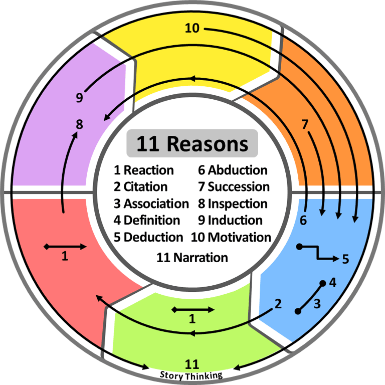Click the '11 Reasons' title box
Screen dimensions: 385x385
[192, 144]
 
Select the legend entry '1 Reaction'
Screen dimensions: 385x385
[144, 170]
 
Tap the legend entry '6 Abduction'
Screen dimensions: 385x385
[233, 170]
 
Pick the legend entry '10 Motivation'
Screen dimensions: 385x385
[231, 237]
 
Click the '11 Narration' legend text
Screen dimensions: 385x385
[192, 258]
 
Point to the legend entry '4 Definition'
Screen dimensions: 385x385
[147, 220]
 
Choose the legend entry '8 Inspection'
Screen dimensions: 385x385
[233, 204]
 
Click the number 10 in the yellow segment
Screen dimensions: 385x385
[192, 28]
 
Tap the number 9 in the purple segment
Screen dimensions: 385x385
[79, 98]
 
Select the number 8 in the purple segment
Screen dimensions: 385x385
[79, 124]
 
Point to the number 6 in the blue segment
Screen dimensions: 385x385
[303, 220]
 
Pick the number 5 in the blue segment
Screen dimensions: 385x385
[345, 259]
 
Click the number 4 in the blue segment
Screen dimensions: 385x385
[332, 283]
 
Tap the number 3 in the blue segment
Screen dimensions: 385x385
[317, 304]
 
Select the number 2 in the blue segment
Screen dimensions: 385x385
[277, 303]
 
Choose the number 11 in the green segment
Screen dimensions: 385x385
[192, 364]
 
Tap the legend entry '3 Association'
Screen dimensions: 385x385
[151, 204]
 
